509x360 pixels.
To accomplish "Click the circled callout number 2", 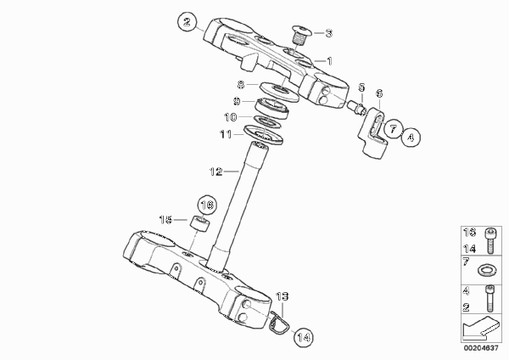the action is coord(187,22).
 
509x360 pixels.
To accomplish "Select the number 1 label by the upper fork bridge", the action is coord(329,61).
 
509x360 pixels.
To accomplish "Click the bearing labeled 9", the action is coord(271,108).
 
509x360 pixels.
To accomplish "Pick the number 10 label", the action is coord(231,117).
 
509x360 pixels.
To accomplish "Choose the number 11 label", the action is coord(226,134).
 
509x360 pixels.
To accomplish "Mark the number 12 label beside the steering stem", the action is coord(216,172).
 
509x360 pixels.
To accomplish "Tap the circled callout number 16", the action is coord(207,205).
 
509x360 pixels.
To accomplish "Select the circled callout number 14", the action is coord(304,338).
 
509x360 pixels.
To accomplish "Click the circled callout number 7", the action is coord(393,129).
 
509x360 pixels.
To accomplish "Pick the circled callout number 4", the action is coord(411,138).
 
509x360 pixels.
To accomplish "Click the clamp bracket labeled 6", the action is coord(373,134).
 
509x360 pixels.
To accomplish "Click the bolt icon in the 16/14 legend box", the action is coord(490,241).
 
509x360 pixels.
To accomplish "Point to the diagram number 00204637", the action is coord(481,348).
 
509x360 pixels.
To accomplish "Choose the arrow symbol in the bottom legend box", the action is coord(479,328).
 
